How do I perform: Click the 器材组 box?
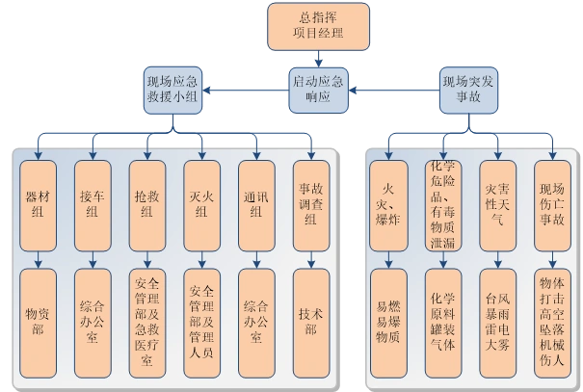point(38,204)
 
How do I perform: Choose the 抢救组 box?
point(146,204)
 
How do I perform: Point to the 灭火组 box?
point(201,204)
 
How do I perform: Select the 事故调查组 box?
point(311,204)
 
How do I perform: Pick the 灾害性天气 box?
point(498,204)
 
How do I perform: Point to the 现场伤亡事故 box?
point(553,204)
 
